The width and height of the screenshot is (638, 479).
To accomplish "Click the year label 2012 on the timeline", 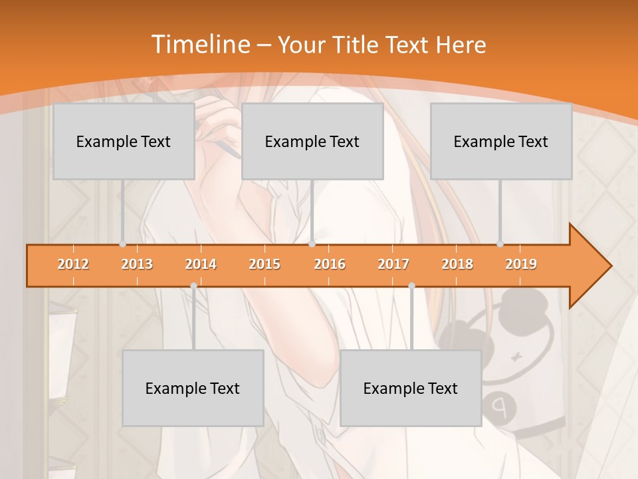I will click(x=73, y=264).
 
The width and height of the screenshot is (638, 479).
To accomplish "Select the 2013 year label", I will click(x=137, y=264).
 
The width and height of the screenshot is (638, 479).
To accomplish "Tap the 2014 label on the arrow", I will click(x=201, y=264).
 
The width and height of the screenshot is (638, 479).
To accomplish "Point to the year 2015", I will click(x=265, y=264).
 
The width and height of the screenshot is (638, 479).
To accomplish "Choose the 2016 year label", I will click(x=330, y=264).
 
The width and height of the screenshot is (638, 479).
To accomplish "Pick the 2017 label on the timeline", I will click(x=393, y=264).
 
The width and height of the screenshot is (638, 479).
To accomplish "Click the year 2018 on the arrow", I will click(x=457, y=264).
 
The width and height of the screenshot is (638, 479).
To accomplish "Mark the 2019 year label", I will click(x=521, y=264).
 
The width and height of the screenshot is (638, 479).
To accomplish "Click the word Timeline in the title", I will click(x=199, y=45).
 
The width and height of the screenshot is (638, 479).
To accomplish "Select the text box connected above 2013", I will click(x=124, y=141).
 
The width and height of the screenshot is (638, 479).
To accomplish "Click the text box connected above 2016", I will click(x=312, y=141).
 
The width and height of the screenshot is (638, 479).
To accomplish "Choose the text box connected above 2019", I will click(x=501, y=141).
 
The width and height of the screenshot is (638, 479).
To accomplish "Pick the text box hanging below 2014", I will click(x=193, y=388).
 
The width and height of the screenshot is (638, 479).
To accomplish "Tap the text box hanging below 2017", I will click(x=411, y=388).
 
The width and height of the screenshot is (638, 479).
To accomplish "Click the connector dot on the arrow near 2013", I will click(x=123, y=244).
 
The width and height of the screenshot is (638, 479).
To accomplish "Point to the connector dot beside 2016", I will click(x=312, y=244).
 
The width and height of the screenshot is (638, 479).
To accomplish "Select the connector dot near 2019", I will click(x=500, y=244).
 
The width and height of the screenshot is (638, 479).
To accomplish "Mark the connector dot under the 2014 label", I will click(x=193, y=285).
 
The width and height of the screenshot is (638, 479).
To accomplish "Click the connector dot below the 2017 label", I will click(x=411, y=285).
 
